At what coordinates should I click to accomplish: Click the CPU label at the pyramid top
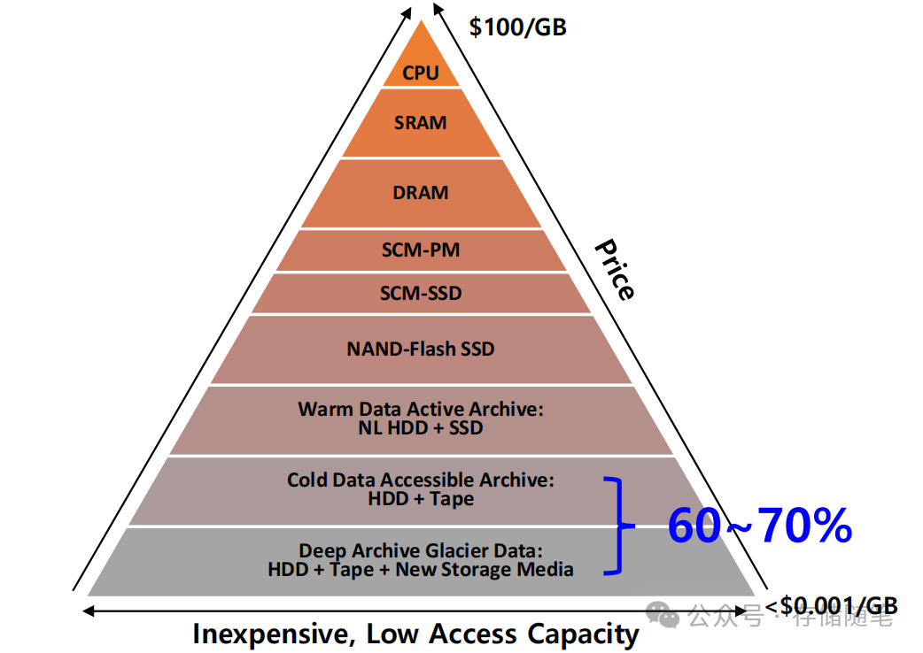click(x=421, y=73)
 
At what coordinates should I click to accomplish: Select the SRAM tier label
click(x=420, y=123)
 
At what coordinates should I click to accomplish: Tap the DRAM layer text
click(x=420, y=193)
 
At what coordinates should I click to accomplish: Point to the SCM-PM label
click(x=420, y=250)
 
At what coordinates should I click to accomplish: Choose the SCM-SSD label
click(x=420, y=293)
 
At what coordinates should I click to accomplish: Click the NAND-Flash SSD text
click(x=420, y=349)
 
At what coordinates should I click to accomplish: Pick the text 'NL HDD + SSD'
click(x=420, y=428)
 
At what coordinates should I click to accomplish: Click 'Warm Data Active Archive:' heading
click(x=420, y=410)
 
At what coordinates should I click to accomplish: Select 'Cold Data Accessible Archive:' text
click(x=420, y=480)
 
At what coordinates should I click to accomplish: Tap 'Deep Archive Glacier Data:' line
click(x=420, y=551)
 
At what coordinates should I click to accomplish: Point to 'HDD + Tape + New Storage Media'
click(x=420, y=570)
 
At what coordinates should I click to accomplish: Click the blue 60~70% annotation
click(x=759, y=526)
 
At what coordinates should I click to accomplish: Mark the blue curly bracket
click(x=620, y=526)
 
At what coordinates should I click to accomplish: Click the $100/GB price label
click(x=517, y=27)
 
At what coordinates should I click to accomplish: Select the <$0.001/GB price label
click(x=832, y=606)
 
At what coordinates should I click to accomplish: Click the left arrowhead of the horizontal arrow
click(x=87, y=610)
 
